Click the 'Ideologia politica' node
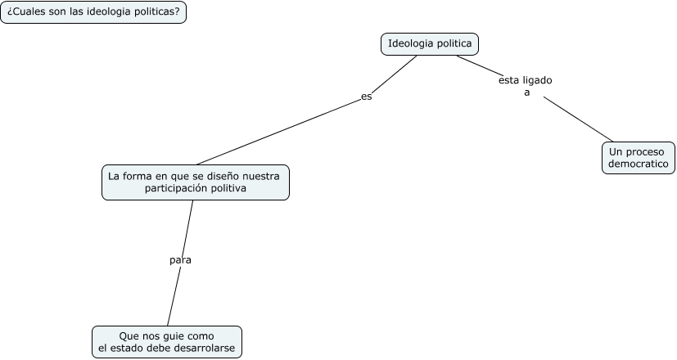[x=430, y=43]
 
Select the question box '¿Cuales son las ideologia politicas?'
[x=93, y=12]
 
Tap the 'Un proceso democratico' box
[x=639, y=157]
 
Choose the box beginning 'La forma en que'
[x=195, y=182]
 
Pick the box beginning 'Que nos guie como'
[x=167, y=342]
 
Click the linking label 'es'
[x=367, y=97]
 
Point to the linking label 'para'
[x=180, y=260]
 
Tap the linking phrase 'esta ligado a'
[x=526, y=87]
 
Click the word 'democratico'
[x=639, y=164]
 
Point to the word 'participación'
[x=175, y=189]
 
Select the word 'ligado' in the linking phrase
[x=538, y=81]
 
